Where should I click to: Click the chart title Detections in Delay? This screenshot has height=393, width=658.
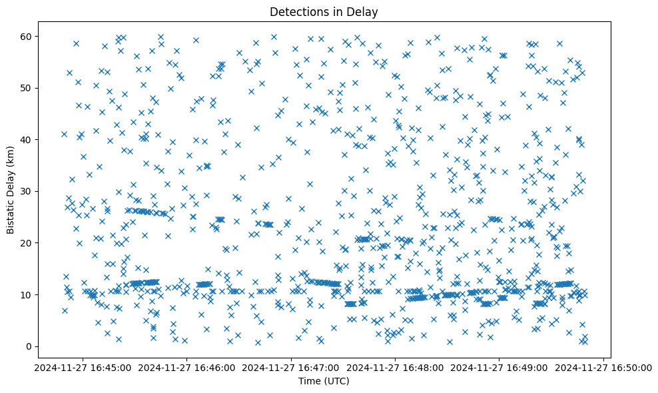click(323, 11)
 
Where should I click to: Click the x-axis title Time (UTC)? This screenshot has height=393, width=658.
click(323, 382)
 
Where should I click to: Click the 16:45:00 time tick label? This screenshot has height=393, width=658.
click(83, 367)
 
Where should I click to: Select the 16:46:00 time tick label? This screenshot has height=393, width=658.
click(187, 367)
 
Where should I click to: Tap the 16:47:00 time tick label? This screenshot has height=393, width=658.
click(291, 367)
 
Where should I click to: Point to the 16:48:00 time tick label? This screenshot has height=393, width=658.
click(396, 367)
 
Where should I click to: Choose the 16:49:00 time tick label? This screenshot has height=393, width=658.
click(499, 367)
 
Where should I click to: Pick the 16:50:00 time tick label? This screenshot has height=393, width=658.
click(604, 367)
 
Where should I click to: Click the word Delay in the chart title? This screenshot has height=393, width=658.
click(364, 11)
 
